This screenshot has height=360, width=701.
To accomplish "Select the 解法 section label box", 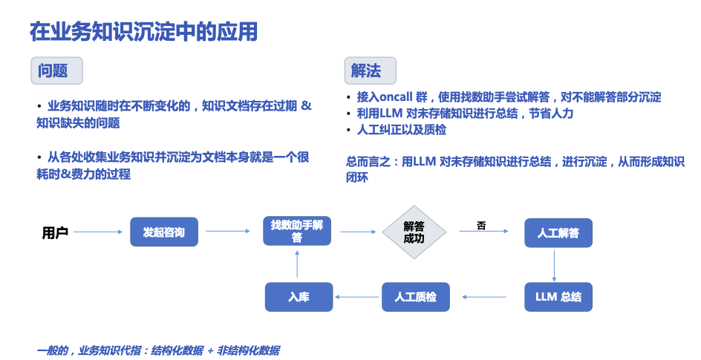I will click(x=368, y=71).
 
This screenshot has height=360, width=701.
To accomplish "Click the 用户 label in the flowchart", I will click(x=55, y=232).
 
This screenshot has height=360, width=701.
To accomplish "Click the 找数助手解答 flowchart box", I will click(x=297, y=231).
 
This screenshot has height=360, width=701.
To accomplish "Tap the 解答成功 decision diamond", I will click(x=414, y=232).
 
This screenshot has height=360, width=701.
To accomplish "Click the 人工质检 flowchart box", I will click(x=415, y=297).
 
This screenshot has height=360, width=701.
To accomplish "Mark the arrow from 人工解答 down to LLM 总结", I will click(x=555, y=264).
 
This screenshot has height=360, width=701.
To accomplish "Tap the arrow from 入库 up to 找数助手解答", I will click(x=297, y=264).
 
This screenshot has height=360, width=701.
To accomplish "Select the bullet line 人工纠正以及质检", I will click(x=402, y=130).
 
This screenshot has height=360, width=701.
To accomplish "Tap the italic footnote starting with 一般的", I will click(x=158, y=350).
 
